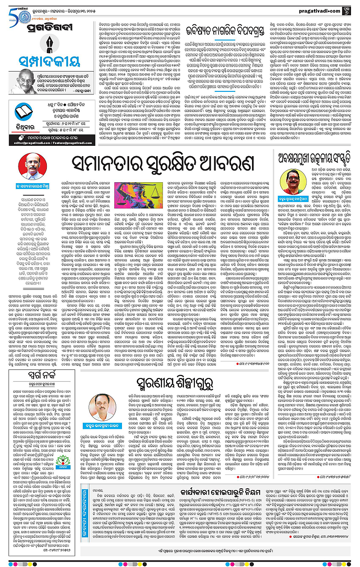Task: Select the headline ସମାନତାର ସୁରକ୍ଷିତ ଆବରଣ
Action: click(153, 160)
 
